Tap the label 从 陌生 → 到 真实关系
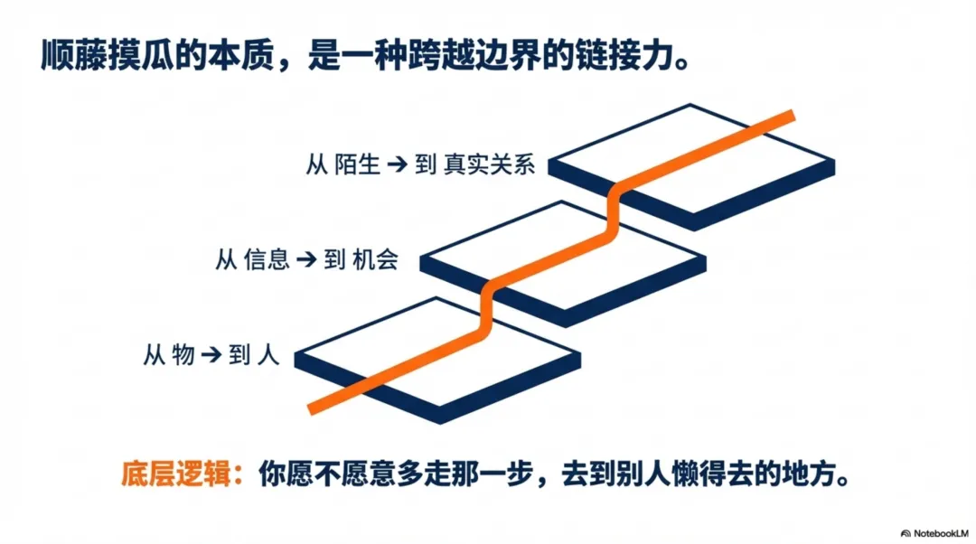click(421, 165)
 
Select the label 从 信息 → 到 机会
click(306, 260)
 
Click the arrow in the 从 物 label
click(211, 355)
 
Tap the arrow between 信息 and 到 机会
click(307, 260)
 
